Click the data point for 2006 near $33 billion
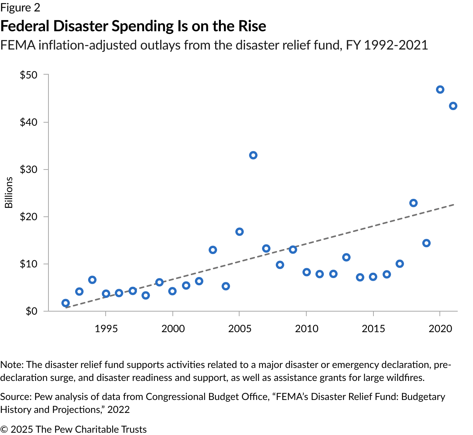coord(253,155)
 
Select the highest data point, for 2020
coord(440,90)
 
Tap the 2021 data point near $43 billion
coord(453,106)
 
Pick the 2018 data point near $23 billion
coord(413,203)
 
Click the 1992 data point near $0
coord(66,303)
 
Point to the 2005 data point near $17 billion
coord(240,232)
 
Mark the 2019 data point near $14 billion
coord(426,243)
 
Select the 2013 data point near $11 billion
coord(346,257)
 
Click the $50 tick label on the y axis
coord(29,75)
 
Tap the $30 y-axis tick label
coord(29,170)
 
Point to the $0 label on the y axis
coord(31,312)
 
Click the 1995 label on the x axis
coord(106,329)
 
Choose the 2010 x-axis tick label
coord(306,329)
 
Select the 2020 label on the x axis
coord(440,329)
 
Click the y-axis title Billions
coord(9,193)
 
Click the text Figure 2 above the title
coord(20,8)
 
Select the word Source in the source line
coord(15,397)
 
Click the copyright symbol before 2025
coord(4,429)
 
